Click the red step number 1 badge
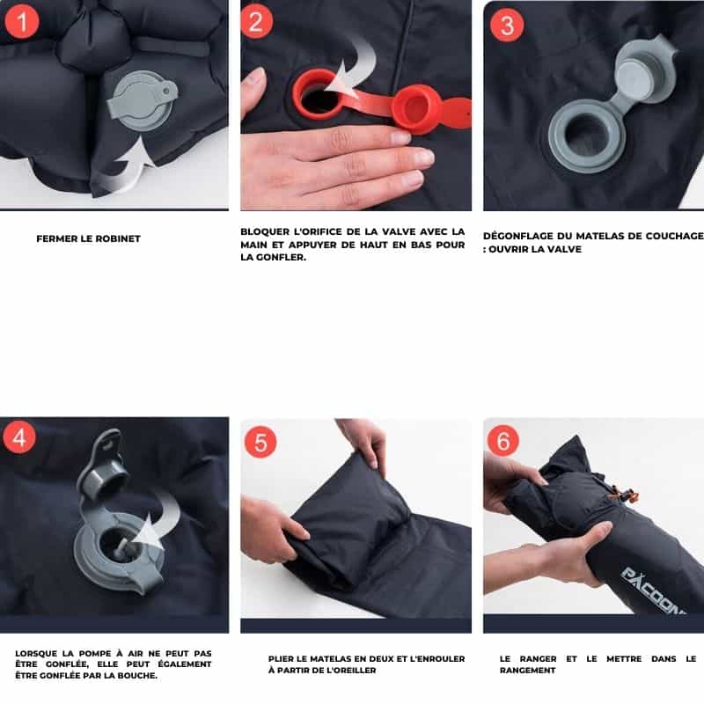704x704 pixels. pyautogui.click(x=21, y=21)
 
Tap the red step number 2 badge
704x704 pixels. pyautogui.click(x=256, y=22)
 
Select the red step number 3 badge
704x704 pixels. pyautogui.click(x=507, y=26)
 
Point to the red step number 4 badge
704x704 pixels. pyautogui.click(x=19, y=437)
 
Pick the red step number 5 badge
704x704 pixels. pyautogui.click(x=260, y=442)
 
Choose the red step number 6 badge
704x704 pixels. pyautogui.click(x=502, y=441)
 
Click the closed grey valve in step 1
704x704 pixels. pyautogui.click(x=142, y=100)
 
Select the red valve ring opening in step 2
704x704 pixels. pyautogui.click(x=317, y=93)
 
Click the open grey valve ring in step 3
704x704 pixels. pyautogui.click(x=587, y=136)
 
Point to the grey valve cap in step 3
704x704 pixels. pyautogui.click(x=644, y=68)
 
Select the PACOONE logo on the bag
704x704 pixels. pyautogui.click(x=653, y=590)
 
